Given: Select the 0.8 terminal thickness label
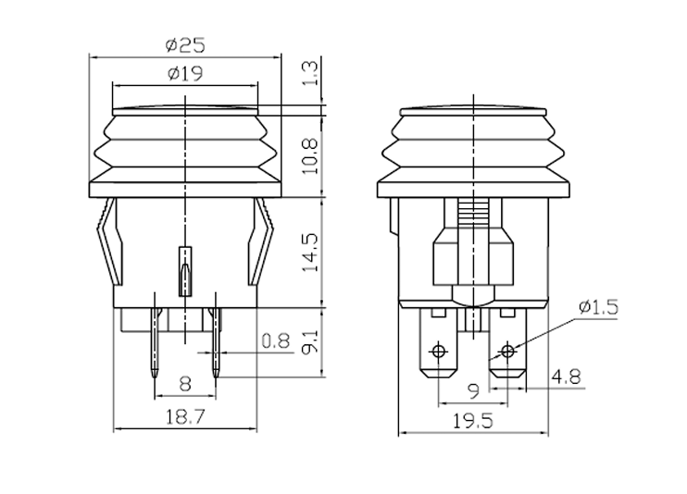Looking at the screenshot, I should tap(275, 341).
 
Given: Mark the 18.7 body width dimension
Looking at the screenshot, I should tap(185, 419).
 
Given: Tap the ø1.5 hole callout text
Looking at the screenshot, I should tap(597, 306).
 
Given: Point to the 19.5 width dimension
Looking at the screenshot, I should tap(473, 421).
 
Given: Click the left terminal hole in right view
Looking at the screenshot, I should tap(440, 351).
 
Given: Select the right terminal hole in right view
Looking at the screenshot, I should tap(506, 351).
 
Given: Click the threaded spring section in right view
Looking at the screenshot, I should tap(473, 214).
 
